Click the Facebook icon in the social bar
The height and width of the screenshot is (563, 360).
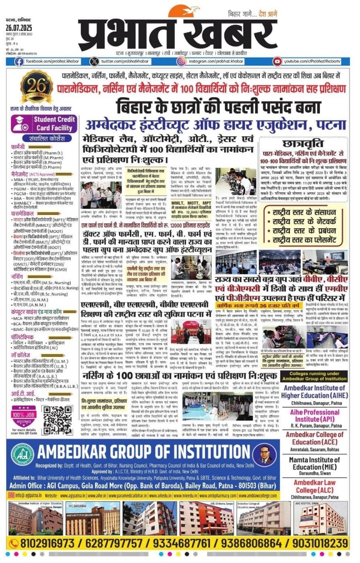coord(19,62)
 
